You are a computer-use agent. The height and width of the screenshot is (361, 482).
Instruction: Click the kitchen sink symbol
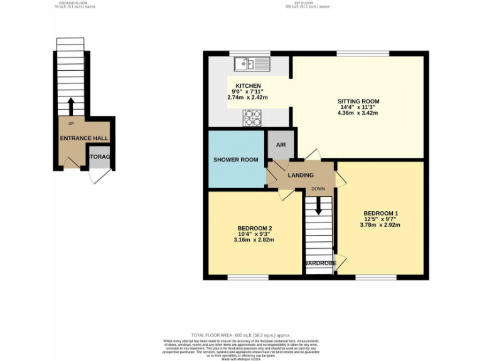tap(252, 63)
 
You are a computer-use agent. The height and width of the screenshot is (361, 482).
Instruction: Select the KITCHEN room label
tap(248, 86)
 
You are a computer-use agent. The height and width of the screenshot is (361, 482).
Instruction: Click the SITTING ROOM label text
tap(358, 102)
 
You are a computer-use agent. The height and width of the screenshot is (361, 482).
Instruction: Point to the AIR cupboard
tap(281, 145)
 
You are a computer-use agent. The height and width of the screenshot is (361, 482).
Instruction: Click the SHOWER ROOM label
tap(236, 160)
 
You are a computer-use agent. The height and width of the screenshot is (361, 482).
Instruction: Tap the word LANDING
tap(300, 175)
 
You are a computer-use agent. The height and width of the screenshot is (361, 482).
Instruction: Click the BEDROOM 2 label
tap(254, 228)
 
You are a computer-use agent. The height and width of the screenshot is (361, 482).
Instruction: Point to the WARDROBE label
tap(320, 264)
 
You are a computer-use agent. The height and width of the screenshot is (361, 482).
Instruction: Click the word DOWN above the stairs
tap(318, 189)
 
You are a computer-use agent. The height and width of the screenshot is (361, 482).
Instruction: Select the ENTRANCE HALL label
tap(83, 138)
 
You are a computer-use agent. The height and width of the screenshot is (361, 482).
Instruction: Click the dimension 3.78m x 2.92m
tap(380, 225)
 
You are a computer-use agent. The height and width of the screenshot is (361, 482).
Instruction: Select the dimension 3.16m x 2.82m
tap(254, 240)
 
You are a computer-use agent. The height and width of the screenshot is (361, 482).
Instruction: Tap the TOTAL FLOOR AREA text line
tap(240, 335)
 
